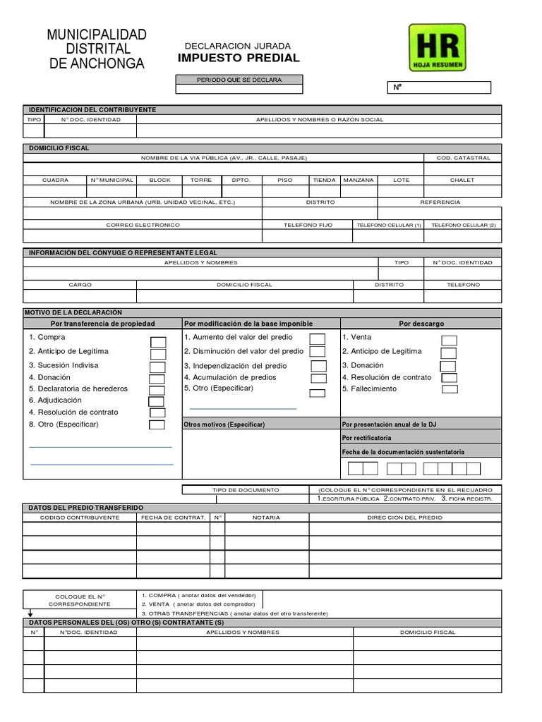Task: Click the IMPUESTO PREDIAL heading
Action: coord(238,58)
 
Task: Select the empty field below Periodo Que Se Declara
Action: coord(239,90)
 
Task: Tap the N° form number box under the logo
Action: coord(441,88)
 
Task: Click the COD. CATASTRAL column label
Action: coord(463,158)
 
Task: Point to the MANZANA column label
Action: coord(359,180)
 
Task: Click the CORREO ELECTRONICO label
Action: coord(143,224)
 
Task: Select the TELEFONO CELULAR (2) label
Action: coord(463,224)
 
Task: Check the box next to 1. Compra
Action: coord(158,342)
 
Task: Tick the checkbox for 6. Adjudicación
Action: coord(156,401)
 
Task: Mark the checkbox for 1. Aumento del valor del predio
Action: coord(318,339)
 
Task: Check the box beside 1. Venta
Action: coord(449,341)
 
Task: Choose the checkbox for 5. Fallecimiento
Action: coord(450,389)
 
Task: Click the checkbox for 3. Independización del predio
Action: coord(319,366)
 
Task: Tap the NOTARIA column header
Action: coord(266,518)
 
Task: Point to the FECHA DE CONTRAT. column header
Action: coord(173,518)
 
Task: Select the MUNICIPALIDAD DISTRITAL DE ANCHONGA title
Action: coord(97,49)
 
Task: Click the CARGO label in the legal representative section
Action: coord(80,284)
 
